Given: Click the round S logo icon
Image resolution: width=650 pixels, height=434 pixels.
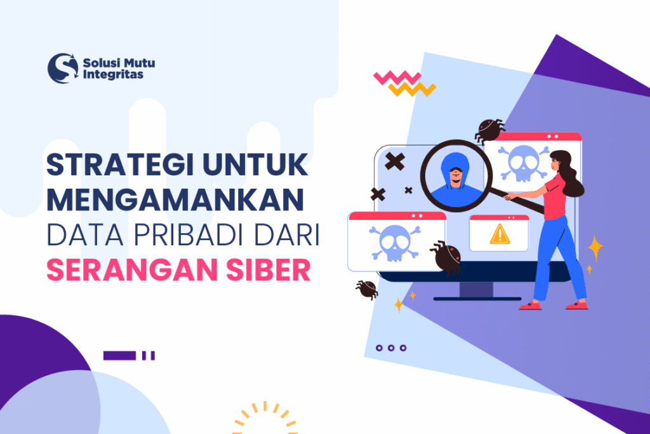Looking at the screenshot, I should tap(63, 68).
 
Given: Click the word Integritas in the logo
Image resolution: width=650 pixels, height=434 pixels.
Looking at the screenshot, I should tap(113, 74).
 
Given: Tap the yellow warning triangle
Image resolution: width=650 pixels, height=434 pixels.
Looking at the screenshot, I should tap(500, 234).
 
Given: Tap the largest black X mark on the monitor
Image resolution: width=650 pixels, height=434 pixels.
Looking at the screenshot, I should tap(395, 161).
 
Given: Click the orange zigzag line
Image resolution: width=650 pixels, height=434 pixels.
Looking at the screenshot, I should tap(412, 89).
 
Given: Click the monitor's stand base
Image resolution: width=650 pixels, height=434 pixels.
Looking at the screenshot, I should tap(477, 297).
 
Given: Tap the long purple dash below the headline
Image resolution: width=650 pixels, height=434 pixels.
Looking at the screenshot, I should tap(119, 355).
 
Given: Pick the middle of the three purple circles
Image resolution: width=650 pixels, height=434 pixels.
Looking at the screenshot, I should tap(391, 348).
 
